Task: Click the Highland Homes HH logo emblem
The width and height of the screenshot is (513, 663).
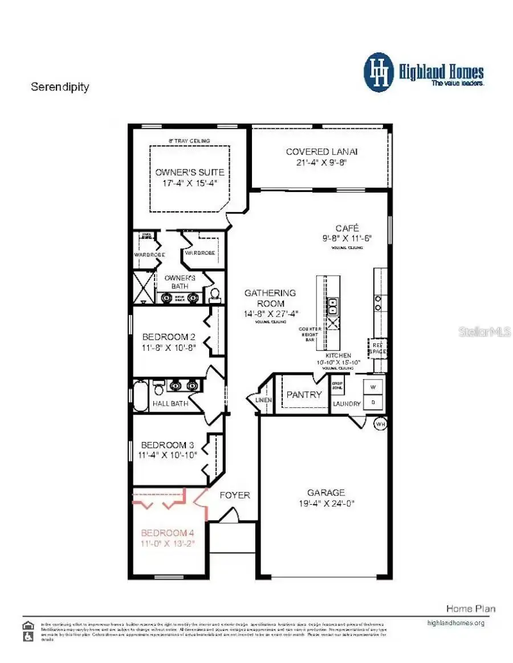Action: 379,72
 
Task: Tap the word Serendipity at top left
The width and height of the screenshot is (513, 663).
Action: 60,87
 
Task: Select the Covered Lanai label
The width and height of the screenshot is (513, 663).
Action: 321,152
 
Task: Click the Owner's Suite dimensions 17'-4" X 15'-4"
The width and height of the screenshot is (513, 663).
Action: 190,183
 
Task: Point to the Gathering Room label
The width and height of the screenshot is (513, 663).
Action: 270,298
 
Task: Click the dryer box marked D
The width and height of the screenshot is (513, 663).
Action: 374,401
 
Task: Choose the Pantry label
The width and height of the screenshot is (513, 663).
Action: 304,394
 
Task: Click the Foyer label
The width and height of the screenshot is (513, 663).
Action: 235,495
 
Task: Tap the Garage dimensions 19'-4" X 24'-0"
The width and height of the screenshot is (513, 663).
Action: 326,503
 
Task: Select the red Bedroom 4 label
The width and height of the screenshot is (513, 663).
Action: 168,533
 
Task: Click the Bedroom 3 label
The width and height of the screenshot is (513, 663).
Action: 164,444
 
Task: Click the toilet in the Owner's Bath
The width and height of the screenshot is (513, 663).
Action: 215,294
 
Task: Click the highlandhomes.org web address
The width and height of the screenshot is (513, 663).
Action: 455,623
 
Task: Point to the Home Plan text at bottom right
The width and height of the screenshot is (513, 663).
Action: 470,608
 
